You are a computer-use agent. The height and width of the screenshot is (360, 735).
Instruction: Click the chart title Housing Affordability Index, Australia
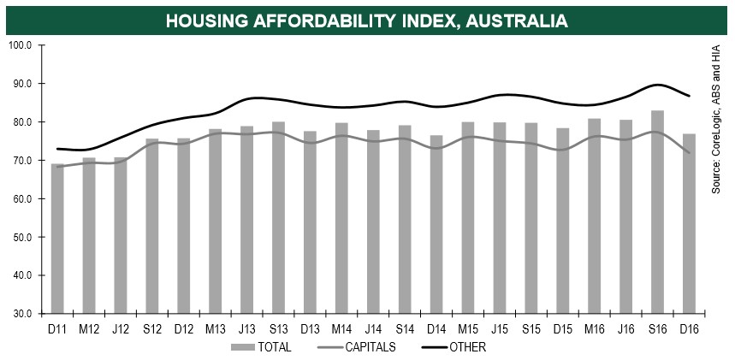[367, 19]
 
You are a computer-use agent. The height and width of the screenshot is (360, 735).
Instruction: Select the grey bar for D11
[57, 239]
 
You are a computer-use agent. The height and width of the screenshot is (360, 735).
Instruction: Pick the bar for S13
[278, 218]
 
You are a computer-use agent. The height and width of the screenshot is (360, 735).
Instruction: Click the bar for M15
[468, 218]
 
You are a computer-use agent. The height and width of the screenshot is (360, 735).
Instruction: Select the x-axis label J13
[246, 328]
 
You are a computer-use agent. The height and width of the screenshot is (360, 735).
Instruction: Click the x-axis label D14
[436, 328]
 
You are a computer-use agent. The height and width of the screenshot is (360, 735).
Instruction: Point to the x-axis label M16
[594, 328]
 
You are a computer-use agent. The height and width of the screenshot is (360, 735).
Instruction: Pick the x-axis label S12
[152, 328]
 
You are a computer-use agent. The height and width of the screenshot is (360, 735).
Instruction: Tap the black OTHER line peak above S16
[656, 85]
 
